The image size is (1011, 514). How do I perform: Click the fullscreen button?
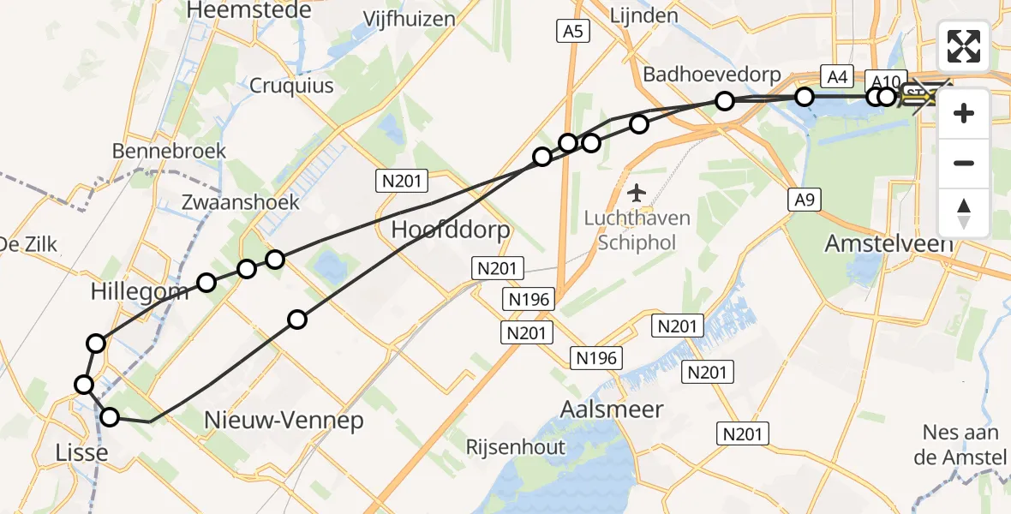pyautogui.click(x=964, y=45)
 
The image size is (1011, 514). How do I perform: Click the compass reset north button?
pyautogui.click(x=964, y=213)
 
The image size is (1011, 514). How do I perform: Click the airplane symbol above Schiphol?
pyautogui.click(x=635, y=193)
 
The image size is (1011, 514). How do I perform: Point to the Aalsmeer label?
pyautogui.click(x=611, y=409)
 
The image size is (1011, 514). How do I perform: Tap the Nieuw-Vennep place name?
pyautogui.click(x=284, y=421)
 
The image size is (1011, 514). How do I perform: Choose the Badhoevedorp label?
pyautogui.click(x=712, y=75)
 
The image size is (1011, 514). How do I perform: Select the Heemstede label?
pyautogui.click(x=242, y=9)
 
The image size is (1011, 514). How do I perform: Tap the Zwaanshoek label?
pyautogui.click(x=242, y=202)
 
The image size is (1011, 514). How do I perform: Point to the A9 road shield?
pyautogui.click(x=802, y=200)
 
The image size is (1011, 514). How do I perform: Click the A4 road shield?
pyautogui.click(x=837, y=77)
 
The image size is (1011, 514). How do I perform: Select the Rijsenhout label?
pyautogui.click(x=516, y=446)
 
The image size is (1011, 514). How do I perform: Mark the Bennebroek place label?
pyautogui.click(x=170, y=151)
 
